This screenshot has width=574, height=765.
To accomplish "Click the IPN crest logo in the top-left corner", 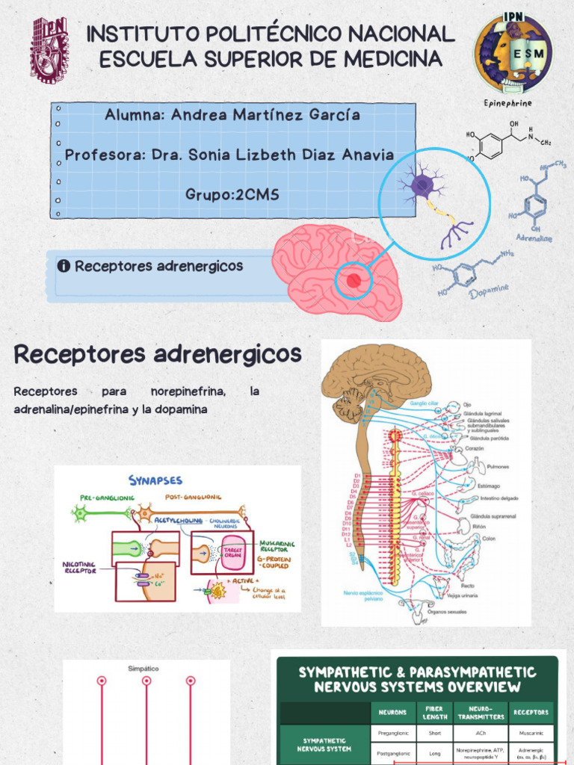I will click(x=49, y=50).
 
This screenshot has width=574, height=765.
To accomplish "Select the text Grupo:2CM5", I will click(x=232, y=195).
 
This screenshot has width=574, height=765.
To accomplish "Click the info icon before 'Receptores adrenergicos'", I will click(x=64, y=266).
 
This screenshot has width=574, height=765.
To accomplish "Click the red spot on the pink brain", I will click(x=354, y=280).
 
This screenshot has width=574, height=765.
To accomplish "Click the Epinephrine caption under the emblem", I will click(x=508, y=103).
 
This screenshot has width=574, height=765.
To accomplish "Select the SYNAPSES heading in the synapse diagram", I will click(x=155, y=480).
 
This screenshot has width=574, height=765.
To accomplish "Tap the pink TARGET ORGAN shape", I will click(x=233, y=553).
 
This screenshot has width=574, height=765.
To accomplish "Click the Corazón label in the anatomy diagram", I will click(x=475, y=448).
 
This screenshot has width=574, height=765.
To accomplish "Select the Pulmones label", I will click(x=498, y=466).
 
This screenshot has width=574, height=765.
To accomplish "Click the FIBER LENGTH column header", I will click(x=434, y=712).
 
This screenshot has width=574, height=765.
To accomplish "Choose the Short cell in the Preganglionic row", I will click(x=434, y=733).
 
